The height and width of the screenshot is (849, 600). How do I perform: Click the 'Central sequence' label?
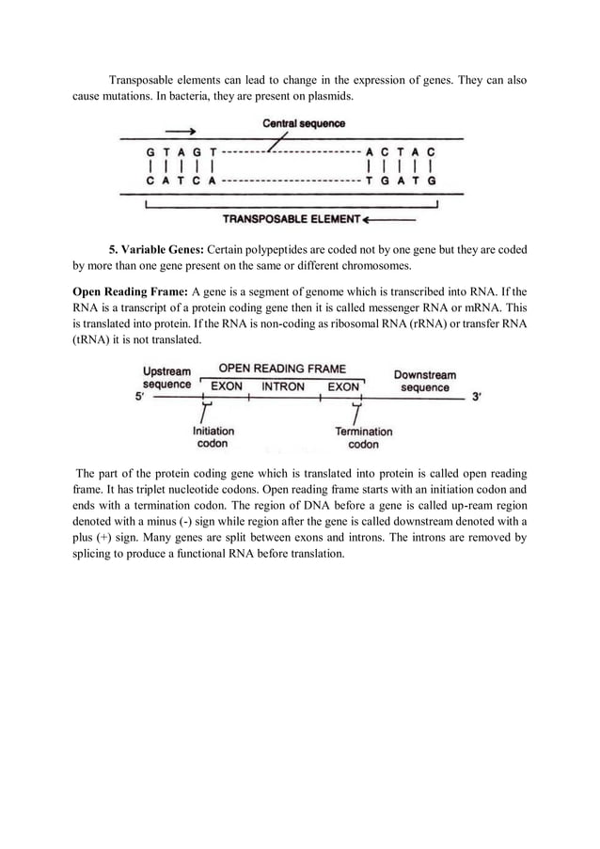click(303, 123)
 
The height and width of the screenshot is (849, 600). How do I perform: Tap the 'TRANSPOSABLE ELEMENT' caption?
click(291, 220)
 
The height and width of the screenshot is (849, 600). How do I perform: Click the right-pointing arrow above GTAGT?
click(180, 132)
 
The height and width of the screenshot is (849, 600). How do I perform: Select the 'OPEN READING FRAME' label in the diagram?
click(282, 369)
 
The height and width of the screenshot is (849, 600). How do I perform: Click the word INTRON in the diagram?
click(283, 386)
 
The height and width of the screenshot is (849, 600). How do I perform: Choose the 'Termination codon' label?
click(363, 437)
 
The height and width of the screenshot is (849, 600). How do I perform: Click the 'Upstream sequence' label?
click(166, 378)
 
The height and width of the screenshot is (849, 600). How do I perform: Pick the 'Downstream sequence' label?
click(424, 381)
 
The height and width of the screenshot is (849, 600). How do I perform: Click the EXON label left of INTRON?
click(227, 386)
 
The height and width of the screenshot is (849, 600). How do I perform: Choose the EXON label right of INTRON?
click(343, 386)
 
